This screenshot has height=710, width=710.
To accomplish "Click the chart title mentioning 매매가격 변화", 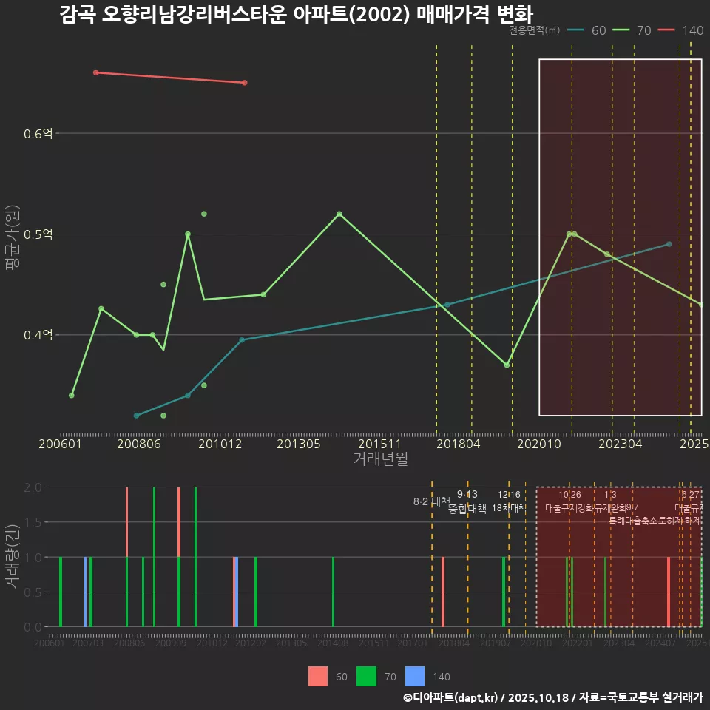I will tap(296, 14).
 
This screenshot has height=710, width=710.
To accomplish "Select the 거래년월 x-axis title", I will tap(380, 459).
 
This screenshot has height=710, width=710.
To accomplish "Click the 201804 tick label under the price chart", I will tap(459, 444).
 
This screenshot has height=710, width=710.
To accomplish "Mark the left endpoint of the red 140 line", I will tap(96, 72).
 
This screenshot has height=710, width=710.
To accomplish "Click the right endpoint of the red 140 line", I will tap(244, 83).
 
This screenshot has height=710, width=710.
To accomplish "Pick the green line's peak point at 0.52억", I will tap(339, 214).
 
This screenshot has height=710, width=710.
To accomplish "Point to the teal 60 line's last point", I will tap(669, 244).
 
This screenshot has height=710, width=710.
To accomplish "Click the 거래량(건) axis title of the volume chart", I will tap(13, 556).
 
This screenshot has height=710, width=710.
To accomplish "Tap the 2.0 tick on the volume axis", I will tap(33, 487).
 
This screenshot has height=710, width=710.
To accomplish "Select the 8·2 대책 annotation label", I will tap(431, 501).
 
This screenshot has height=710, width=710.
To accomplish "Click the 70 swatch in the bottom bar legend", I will tap(366, 676).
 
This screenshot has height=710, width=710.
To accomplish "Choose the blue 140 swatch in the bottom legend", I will tap(416, 676).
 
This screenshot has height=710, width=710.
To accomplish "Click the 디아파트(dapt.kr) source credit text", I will tap(451, 697).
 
